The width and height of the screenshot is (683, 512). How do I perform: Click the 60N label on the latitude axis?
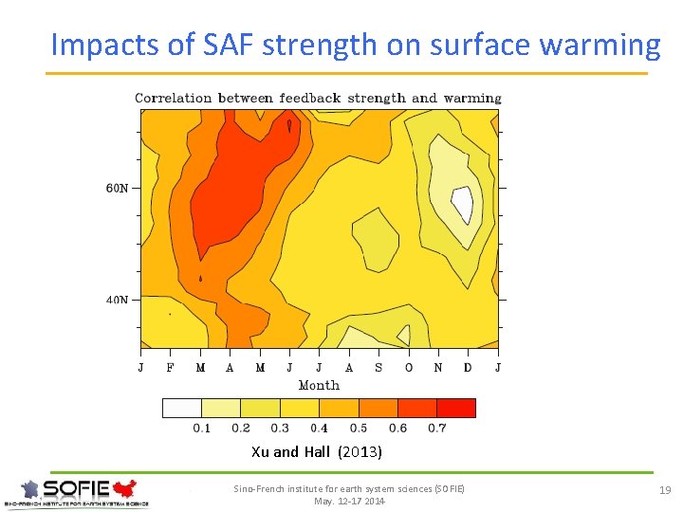116,188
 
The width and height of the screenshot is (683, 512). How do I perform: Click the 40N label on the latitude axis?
116,300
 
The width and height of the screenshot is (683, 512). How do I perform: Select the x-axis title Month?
319,385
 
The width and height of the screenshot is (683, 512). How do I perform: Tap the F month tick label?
171,368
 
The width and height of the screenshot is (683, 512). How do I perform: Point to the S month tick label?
378,368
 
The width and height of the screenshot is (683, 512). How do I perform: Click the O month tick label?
409,368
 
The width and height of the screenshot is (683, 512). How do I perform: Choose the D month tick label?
468,368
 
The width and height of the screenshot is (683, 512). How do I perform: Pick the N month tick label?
438,368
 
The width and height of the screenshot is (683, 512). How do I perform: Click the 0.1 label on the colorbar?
202,429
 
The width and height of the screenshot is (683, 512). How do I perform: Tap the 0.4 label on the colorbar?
319,429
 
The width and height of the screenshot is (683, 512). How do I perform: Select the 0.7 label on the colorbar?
436,429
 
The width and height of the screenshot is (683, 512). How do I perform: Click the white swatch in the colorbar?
182,408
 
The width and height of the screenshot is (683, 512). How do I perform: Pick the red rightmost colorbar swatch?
456,408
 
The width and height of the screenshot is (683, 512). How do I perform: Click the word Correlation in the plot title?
174,98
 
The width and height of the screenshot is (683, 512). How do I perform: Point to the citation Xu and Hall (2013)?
317,452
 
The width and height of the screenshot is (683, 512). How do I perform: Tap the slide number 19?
665,490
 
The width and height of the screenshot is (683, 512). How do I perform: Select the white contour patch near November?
462,203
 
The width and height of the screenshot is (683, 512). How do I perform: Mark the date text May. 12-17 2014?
349,501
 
